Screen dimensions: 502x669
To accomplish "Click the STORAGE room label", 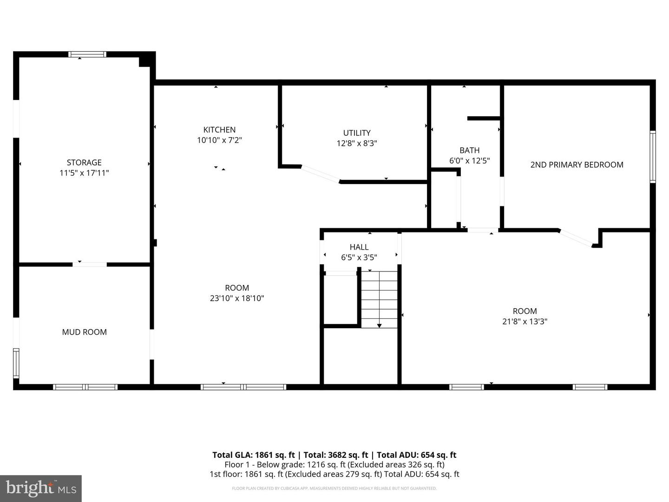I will pyautogui.click(x=84, y=162).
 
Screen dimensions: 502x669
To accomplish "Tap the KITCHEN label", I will pyautogui.click(x=219, y=130).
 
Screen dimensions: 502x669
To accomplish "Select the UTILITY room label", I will pyautogui.click(x=357, y=133).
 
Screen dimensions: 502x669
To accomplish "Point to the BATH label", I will pyautogui.click(x=469, y=150).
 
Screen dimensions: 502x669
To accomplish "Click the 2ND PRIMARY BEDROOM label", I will pyautogui.click(x=577, y=165).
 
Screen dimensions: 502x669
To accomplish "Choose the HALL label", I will pyautogui.click(x=359, y=247).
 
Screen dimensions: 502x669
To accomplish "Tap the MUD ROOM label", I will pyautogui.click(x=84, y=332).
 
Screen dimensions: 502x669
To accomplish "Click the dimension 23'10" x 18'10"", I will pyautogui.click(x=237, y=298).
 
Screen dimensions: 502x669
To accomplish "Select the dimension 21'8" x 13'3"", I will pyautogui.click(x=525, y=321).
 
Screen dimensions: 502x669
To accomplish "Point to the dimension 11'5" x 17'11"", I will pyautogui.click(x=84, y=173).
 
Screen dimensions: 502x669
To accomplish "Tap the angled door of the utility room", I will pyautogui.click(x=321, y=174).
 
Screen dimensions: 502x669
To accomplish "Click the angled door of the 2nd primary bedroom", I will pyautogui.click(x=576, y=237).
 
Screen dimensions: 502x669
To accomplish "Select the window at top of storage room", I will pyautogui.click(x=87, y=54).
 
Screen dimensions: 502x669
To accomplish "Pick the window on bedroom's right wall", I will pyautogui.click(x=652, y=157).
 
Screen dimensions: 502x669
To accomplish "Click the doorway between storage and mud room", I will pyautogui.click(x=90, y=264).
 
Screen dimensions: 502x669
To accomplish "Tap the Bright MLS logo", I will pyautogui.click(x=41, y=488).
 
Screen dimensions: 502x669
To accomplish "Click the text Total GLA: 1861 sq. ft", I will pyautogui.click(x=253, y=455).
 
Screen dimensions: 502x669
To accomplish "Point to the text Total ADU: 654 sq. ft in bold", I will pyautogui.click(x=416, y=455).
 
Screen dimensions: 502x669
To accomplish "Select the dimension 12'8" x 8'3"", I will pyautogui.click(x=357, y=144).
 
